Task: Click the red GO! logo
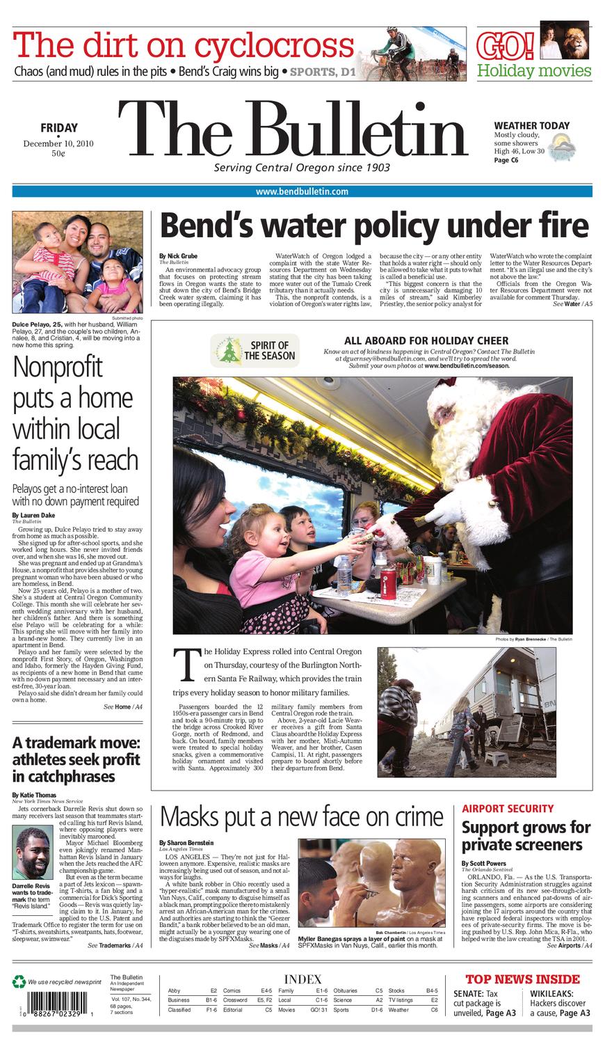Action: coord(506,46)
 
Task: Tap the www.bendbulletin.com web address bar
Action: coord(302,191)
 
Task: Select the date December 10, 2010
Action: coord(58,143)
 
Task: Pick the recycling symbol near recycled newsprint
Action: coord(19,981)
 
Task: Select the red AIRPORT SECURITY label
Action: coord(508,809)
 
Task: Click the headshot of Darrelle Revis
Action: coord(34,853)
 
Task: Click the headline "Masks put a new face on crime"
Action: coord(301,816)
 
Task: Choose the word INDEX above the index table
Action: coord(302,979)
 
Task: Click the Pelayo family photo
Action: coord(77,262)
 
